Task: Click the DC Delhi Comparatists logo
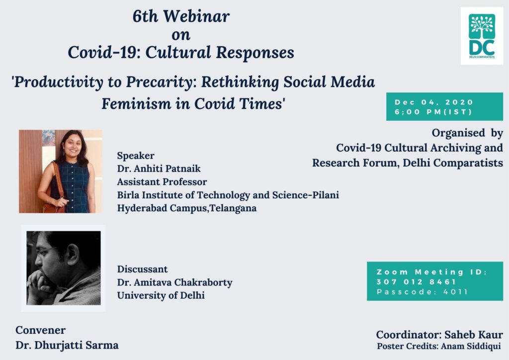tap(482, 36)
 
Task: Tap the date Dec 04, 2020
tap(433, 102)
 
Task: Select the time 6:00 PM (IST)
tap(433, 112)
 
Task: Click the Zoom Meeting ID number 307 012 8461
tap(416, 282)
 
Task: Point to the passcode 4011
tap(455, 292)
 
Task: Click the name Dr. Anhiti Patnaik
tap(159, 169)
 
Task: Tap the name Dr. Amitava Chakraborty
tap(174, 282)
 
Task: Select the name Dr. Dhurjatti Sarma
tap(67, 345)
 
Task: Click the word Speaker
tap(136, 156)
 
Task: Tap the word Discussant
tap(143, 269)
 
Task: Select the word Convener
tap(41, 330)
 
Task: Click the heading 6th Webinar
tap(181, 16)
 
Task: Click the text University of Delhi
tap(161, 295)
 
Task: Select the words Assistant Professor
tap(162, 182)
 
